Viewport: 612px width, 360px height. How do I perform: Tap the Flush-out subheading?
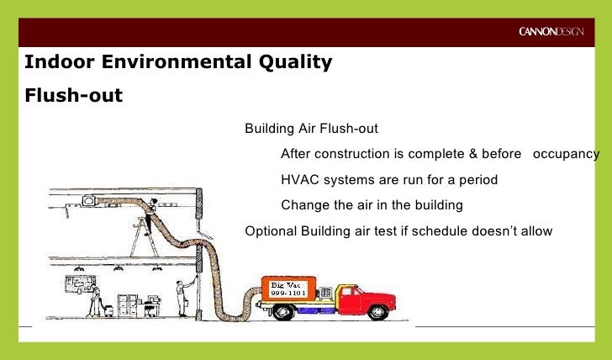pyautogui.click(x=74, y=94)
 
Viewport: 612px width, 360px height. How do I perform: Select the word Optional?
pyautogui.click(x=268, y=230)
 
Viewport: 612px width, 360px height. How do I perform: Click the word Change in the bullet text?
pyautogui.click(x=303, y=205)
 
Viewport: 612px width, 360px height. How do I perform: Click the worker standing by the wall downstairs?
pyautogui.click(x=180, y=295)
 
